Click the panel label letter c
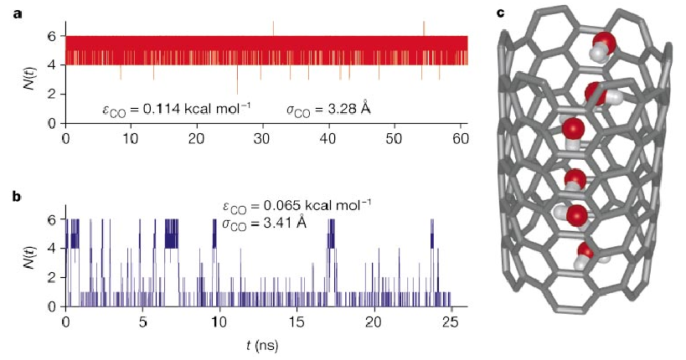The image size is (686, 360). pyautogui.click(x=501, y=13)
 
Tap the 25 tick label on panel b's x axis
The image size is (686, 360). pyautogui.click(x=451, y=322)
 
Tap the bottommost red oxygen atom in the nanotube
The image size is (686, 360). pyautogui.click(x=587, y=250)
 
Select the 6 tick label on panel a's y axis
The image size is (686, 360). pyautogui.click(x=52, y=37)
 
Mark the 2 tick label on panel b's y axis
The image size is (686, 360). pyautogui.click(x=52, y=277)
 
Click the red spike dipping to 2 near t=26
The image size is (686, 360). pyautogui.click(x=237, y=92)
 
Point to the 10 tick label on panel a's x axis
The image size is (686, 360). pyautogui.click(x=131, y=137)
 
